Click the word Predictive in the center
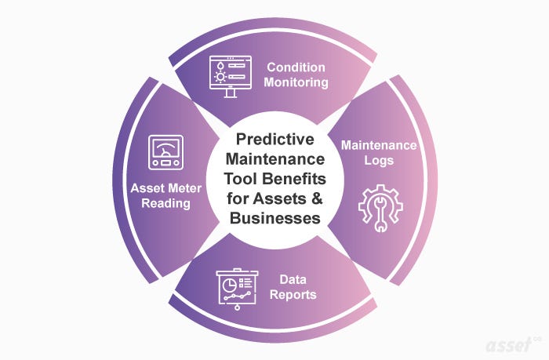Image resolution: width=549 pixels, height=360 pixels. [274, 140]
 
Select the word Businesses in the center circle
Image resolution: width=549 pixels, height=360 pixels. [274, 218]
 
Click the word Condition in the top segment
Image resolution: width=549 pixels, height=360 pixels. [296, 67]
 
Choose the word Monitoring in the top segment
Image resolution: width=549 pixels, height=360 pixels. [296, 82]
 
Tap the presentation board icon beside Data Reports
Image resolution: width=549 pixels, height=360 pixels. [235, 288]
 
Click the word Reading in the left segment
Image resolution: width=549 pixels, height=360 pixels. [167, 204]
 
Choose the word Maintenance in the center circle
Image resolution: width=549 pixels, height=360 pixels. [274, 159]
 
